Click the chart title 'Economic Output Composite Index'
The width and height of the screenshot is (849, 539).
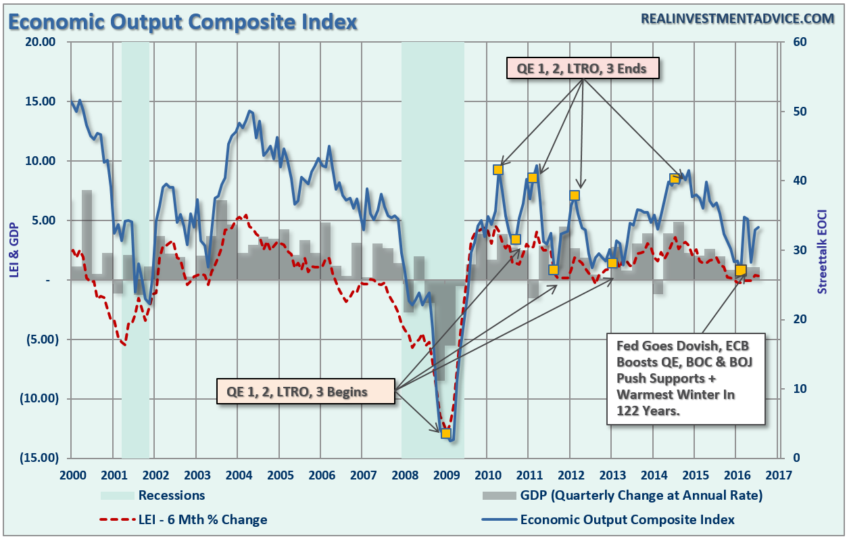(x=183, y=22)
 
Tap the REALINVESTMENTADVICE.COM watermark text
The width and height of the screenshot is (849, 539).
(x=737, y=19)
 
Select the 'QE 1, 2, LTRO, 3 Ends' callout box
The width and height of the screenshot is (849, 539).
(x=583, y=68)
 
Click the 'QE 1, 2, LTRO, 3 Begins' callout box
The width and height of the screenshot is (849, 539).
(x=306, y=392)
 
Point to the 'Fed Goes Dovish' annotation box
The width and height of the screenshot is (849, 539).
(x=686, y=378)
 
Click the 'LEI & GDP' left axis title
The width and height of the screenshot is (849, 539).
(x=14, y=250)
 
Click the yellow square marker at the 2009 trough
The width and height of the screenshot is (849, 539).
(x=445, y=433)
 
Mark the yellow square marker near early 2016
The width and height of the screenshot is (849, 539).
(x=741, y=271)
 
